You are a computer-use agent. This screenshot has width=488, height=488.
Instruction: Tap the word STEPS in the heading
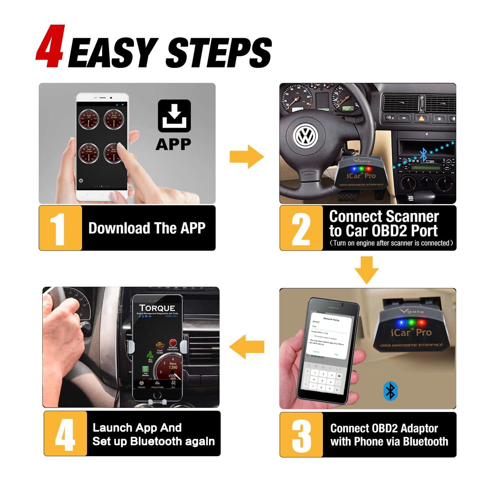(219, 53)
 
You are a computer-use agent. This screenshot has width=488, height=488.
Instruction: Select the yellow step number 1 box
(60, 228)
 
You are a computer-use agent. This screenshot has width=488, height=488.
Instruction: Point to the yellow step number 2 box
(301, 228)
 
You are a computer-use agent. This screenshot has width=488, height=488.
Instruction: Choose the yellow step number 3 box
(301, 434)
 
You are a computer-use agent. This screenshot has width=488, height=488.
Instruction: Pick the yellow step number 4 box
(65, 434)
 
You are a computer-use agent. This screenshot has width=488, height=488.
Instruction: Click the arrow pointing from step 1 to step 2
(246, 157)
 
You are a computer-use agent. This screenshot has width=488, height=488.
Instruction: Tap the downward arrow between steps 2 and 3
(366, 270)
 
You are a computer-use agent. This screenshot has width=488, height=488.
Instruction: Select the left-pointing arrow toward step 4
(246, 347)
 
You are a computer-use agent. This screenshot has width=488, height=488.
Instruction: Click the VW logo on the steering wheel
(305, 136)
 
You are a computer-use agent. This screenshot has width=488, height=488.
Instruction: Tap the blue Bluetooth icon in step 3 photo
(390, 391)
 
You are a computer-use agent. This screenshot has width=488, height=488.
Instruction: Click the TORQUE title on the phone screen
(157, 308)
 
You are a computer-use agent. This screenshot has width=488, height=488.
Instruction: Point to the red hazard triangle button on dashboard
(421, 118)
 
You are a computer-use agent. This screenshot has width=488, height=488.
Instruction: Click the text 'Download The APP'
(147, 228)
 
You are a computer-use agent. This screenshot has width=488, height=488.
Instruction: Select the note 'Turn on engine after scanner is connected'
(391, 243)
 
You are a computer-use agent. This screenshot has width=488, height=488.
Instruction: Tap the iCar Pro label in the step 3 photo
(411, 333)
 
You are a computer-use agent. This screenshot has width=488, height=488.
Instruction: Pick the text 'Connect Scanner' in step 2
(384, 216)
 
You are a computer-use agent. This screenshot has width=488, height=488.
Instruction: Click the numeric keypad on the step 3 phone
(322, 380)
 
